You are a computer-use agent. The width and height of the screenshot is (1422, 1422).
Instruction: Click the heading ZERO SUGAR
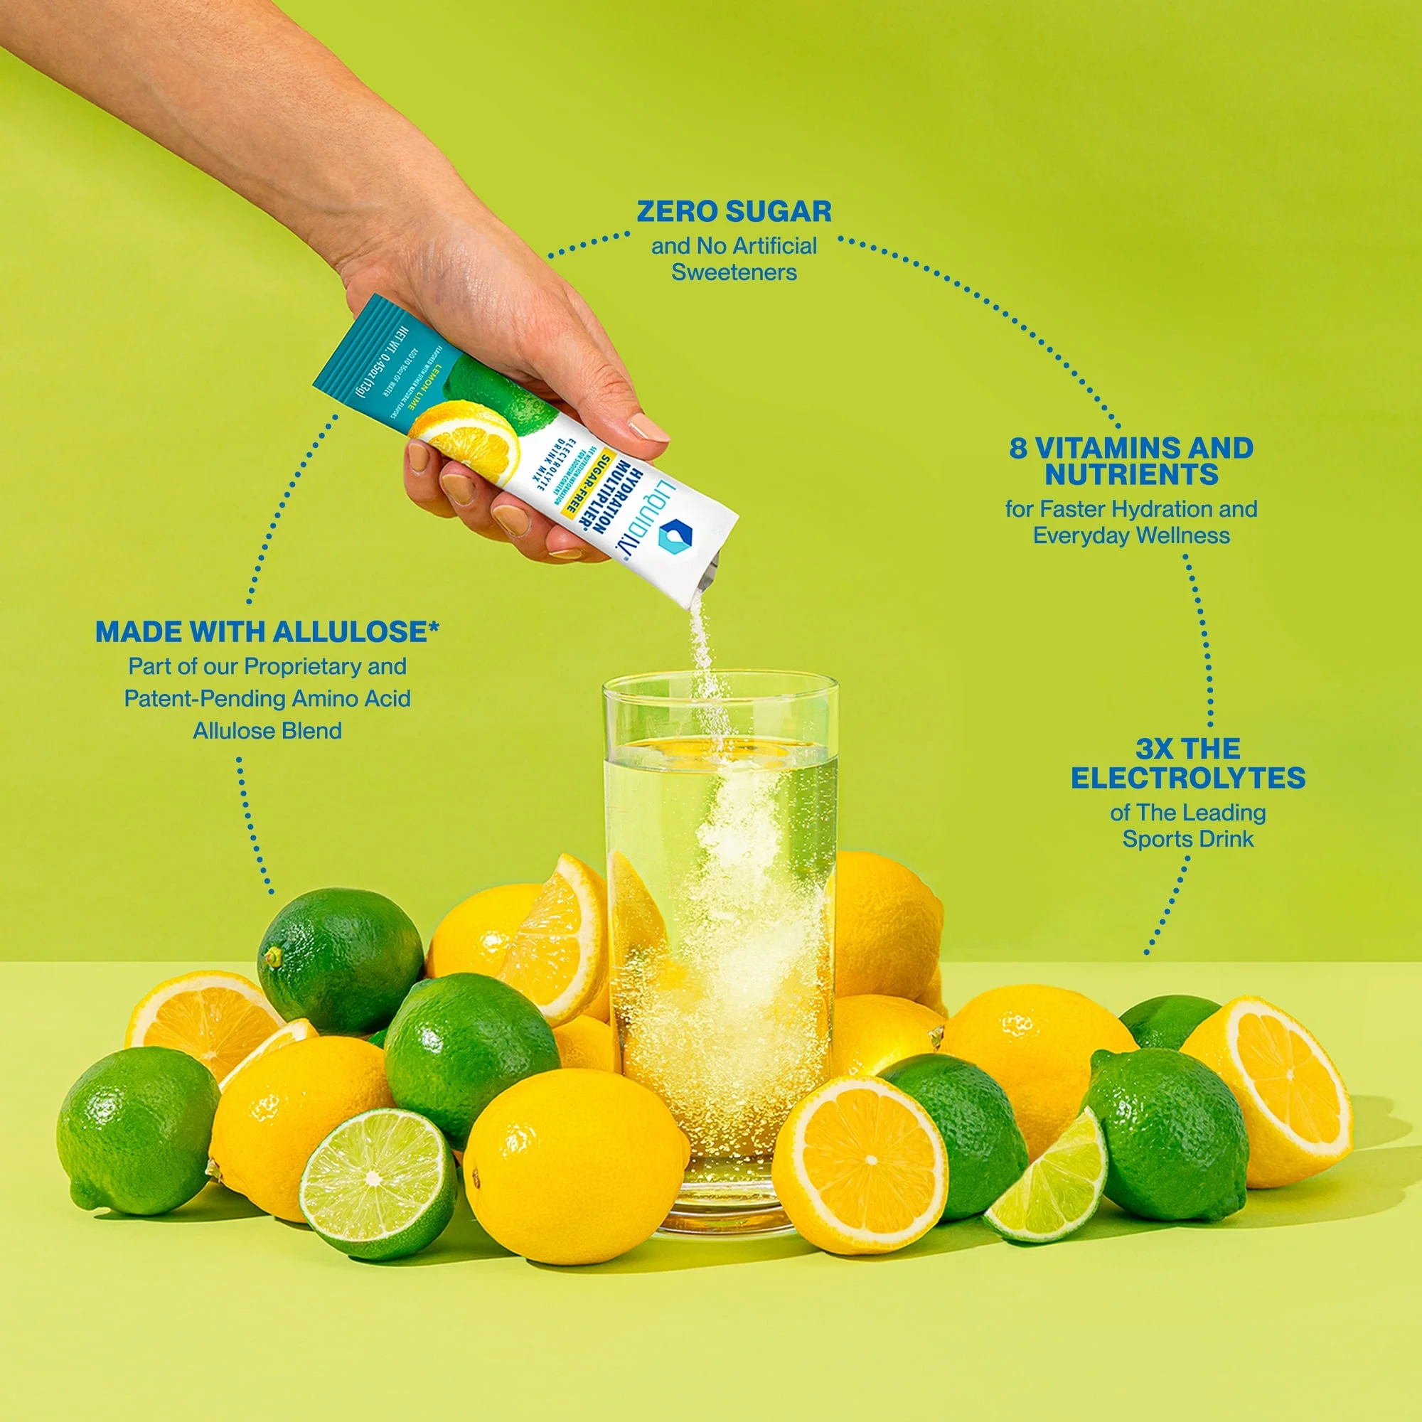point(734,212)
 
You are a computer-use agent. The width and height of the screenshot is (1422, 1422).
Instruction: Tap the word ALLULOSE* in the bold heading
point(356,631)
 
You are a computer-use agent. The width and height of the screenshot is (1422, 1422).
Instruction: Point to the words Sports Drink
point(1187,839)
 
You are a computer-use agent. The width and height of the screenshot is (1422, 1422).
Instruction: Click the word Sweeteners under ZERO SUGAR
point(734,272)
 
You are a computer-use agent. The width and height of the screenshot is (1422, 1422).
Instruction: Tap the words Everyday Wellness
point(1131,535)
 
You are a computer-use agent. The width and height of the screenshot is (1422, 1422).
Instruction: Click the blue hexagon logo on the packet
point(676,535)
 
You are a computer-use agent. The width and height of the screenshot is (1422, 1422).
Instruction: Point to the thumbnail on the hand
point(647,427)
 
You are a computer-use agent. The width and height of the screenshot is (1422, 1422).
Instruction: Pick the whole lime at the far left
point(137,1128)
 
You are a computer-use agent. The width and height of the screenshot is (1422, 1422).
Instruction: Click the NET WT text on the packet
point(383,360)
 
